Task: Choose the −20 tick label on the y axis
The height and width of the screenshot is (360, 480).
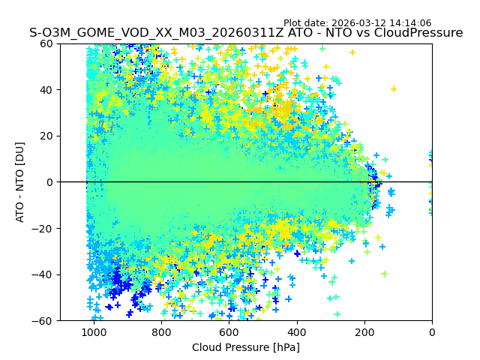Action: coord(44,229)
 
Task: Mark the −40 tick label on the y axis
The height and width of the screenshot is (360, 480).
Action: coord(44,274)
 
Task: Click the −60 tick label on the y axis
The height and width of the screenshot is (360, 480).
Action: coord(44,321)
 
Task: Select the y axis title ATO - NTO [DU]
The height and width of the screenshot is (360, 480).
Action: coord(20,182)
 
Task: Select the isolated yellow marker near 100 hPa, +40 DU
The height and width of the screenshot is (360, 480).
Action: coord(394,89)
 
